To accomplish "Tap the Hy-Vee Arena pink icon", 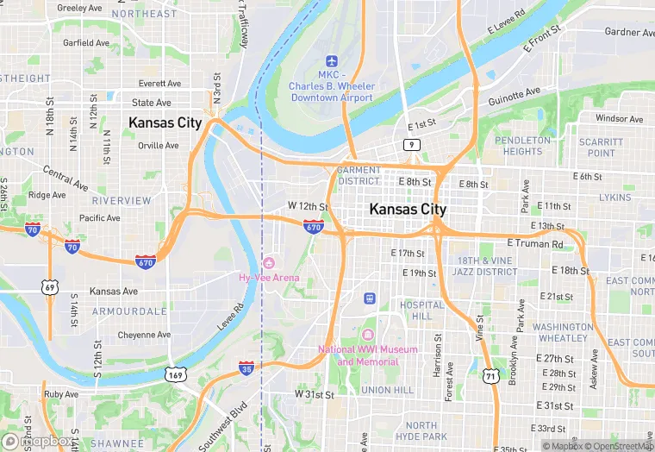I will (269, 262).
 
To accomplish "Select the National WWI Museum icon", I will (369, 335).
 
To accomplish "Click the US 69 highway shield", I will (51, 286).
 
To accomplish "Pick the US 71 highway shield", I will (490, 376).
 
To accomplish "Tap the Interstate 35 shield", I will (246, 368).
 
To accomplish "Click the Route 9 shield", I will (415, 144).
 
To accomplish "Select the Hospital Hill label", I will (422, 311).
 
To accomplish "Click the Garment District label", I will (359, 176).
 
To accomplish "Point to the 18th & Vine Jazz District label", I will (487, 266).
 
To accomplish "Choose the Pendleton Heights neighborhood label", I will (522, 146).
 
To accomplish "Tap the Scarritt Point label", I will (601, 148).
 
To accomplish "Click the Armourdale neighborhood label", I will (129, 311).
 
